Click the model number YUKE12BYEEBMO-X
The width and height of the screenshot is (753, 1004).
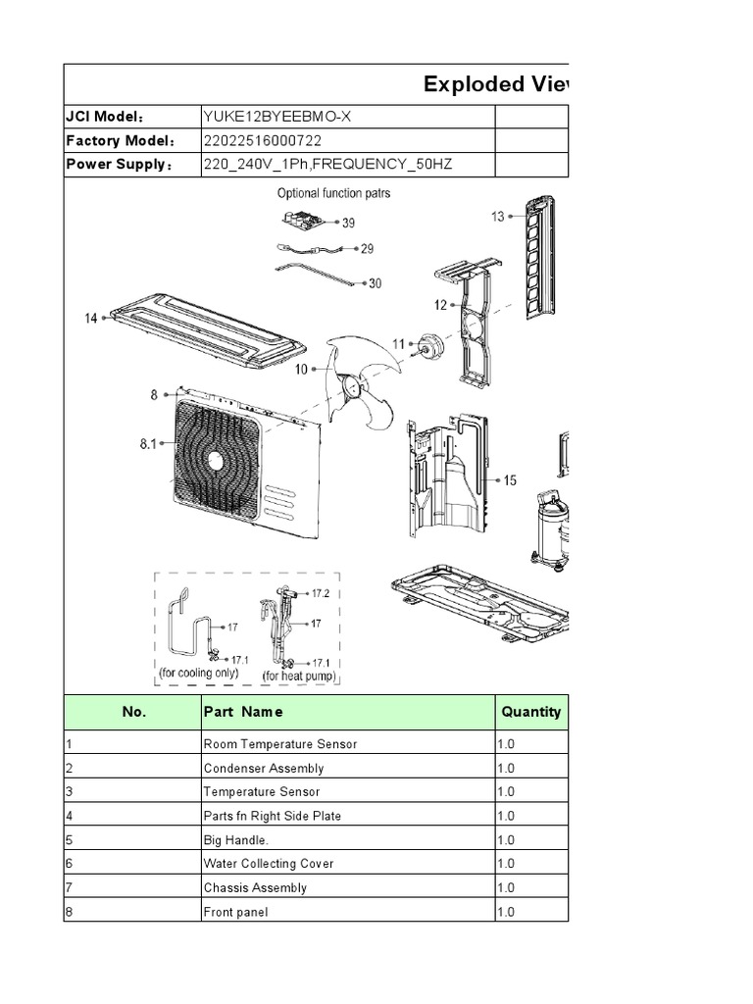[x=276, y=117]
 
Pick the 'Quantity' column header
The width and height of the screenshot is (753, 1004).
[x=530, y=712]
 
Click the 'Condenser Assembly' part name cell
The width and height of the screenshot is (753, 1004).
[x=263, y=768]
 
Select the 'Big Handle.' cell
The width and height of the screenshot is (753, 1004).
[x=235, y=839]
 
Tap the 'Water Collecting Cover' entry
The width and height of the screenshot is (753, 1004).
[x=268, y=864]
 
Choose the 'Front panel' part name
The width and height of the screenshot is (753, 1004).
[x=235, y=912]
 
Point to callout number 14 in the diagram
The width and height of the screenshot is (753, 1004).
[x=92, y=318]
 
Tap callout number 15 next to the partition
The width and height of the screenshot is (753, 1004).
[x=510, y=480]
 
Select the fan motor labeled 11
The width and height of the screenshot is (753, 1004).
[x=427, y=343]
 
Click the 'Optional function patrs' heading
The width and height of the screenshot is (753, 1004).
[x=333, y=193]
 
